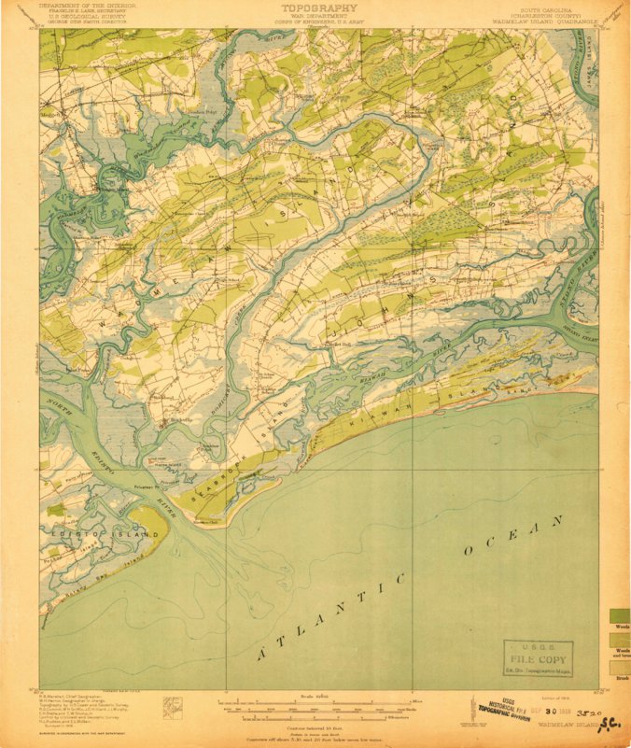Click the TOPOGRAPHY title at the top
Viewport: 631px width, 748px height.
click(x=316, y=7)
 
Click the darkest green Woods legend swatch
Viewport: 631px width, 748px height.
click(x=620, y=615)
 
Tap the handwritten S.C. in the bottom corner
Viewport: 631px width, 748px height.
click(x=611, y=722)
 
